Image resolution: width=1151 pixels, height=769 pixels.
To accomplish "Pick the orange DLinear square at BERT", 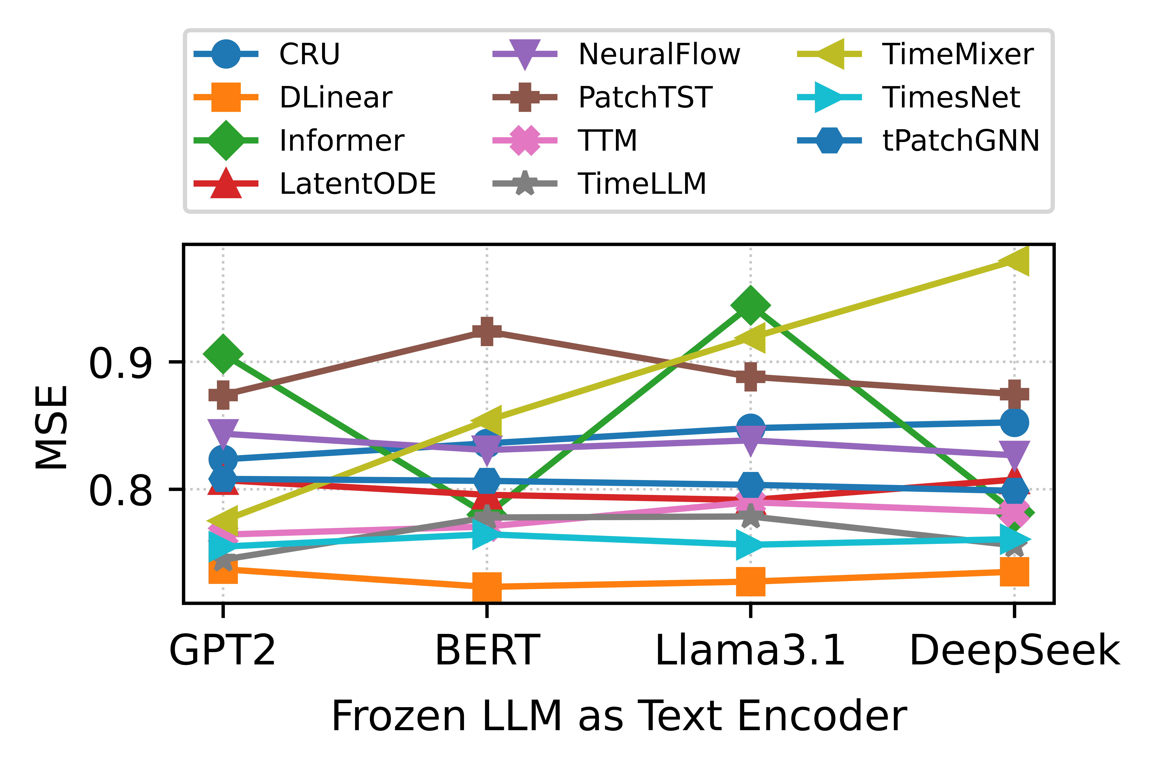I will coord(487,586).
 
